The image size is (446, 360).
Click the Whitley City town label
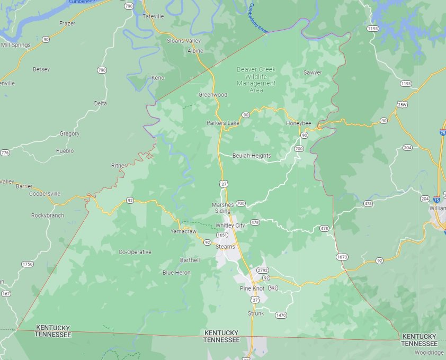[x=230, y=226]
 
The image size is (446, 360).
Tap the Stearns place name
[x=225, y=247]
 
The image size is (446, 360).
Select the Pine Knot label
[x=252, y=288]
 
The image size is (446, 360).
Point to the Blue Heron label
[x=176, y=273]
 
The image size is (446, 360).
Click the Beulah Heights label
[x=252, y=156]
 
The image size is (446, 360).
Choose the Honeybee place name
[x=298, y=123]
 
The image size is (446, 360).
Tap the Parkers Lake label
[x=223, y=123]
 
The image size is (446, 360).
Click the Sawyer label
[x=313, y=73]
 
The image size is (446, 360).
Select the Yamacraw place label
[x=184, y=232]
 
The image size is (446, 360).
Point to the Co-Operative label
[x=135, y=252]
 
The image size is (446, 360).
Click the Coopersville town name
[x=44, y=194]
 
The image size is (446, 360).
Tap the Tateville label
[x=154, y=16]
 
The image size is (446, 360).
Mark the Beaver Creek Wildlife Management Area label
[x=256, y=79]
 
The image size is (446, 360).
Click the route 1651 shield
[x=222, y=235]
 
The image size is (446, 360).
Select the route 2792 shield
[x=263, y=271]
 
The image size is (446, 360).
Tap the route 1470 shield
[x=281, y=316]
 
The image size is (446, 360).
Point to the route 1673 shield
[x=342, y=257]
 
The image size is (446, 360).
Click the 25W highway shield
[x=402, y=105]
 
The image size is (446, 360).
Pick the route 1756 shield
[x=28, y=264]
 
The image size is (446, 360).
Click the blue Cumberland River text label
[x=258, y=18]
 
